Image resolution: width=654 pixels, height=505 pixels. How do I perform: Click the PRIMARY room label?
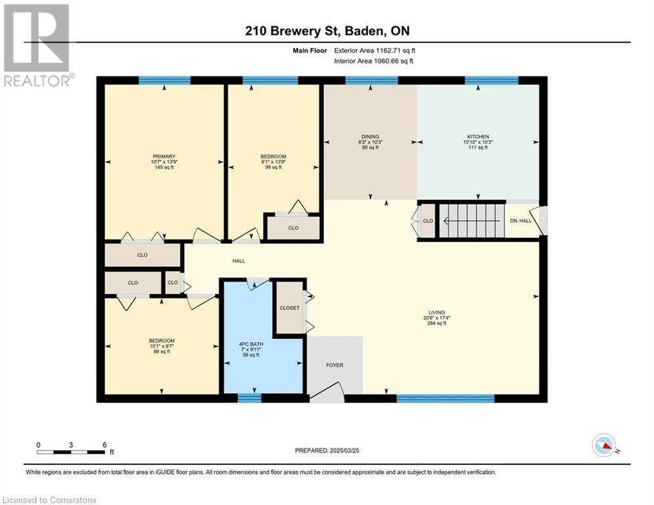coord(164,156)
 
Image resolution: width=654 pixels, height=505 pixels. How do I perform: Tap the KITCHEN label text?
coord(478,137)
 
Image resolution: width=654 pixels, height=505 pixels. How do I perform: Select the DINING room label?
coord(370,137)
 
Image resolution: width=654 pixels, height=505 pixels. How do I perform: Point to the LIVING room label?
coord(436,312)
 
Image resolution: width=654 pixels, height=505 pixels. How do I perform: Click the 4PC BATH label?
coord(251,345)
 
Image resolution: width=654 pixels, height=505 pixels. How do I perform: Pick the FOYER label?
coord(335,365)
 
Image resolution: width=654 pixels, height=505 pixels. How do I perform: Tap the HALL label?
coord(239,261)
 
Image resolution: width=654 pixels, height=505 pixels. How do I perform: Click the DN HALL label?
coord(521,221)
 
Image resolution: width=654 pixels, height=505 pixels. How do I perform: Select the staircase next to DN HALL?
coord(471,221)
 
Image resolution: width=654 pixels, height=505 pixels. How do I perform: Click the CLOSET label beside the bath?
coord(289,308)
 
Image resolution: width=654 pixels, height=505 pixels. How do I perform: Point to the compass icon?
coord(604,445)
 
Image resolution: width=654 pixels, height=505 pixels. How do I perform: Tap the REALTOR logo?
coord(37,45)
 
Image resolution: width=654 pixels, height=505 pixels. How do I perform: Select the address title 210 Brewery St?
coord(327,31)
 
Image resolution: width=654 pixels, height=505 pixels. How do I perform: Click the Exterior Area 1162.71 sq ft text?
coord(375,51)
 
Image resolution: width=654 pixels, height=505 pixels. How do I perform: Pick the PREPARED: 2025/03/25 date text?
coord(327,450)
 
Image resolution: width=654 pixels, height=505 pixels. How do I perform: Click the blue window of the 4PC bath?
coord(249,398)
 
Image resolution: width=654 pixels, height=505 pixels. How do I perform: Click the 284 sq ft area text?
coord(436,323)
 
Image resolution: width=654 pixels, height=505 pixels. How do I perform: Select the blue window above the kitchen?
coord(492,80)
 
